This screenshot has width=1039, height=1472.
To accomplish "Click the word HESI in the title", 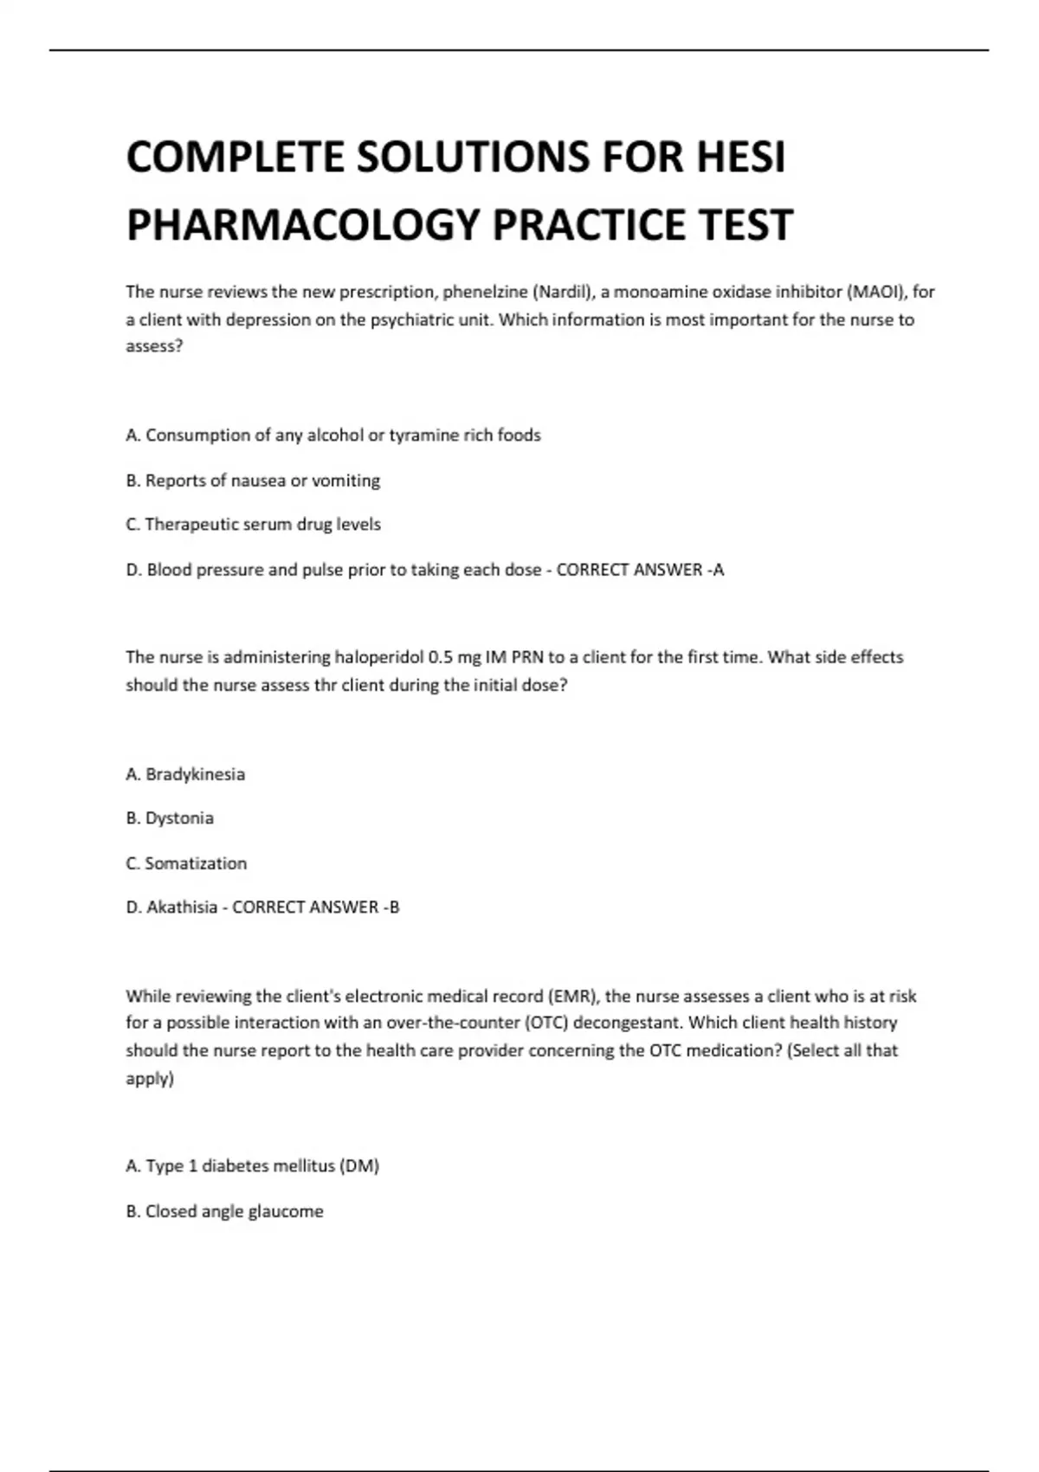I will point(740,158).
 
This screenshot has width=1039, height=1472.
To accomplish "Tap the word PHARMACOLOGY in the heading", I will point(303,225).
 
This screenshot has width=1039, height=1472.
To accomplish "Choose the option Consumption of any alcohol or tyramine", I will point(333,435).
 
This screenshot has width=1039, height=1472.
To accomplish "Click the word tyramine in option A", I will point(423,435).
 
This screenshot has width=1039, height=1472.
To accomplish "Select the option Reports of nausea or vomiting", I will point(253,481).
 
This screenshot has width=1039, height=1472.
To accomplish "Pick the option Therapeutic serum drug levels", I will point(253,525).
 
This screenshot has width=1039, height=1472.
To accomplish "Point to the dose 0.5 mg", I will point(455,657).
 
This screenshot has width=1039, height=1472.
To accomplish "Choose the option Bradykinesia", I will point(185,774).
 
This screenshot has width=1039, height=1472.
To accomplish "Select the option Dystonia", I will point(170,818).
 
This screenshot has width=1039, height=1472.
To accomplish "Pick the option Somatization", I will point(186,863).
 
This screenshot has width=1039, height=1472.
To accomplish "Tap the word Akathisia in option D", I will point(182,907).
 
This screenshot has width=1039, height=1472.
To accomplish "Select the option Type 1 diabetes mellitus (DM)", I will point(253,1166).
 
